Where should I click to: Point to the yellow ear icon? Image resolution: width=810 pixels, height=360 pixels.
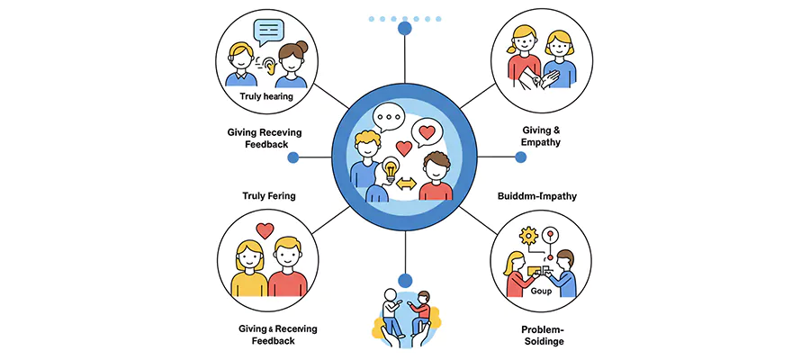pos(266,64)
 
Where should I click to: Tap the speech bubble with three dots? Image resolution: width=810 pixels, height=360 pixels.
pos(389,117)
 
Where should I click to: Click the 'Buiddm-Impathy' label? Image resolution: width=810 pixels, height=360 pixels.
pos(537,195)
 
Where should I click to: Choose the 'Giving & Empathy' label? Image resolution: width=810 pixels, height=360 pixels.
pos(540,137)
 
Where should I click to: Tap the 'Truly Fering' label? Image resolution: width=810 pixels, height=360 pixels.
pos(269,195)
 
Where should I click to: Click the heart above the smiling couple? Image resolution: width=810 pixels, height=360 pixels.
pos(265,230)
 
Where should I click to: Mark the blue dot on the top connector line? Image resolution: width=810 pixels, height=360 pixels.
pos(405,30)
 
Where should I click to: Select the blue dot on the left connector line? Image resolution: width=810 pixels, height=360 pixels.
pos(292,157)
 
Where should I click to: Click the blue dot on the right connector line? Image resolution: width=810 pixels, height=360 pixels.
pos(520,157)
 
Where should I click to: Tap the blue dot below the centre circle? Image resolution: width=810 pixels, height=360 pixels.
pos(405,279)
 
